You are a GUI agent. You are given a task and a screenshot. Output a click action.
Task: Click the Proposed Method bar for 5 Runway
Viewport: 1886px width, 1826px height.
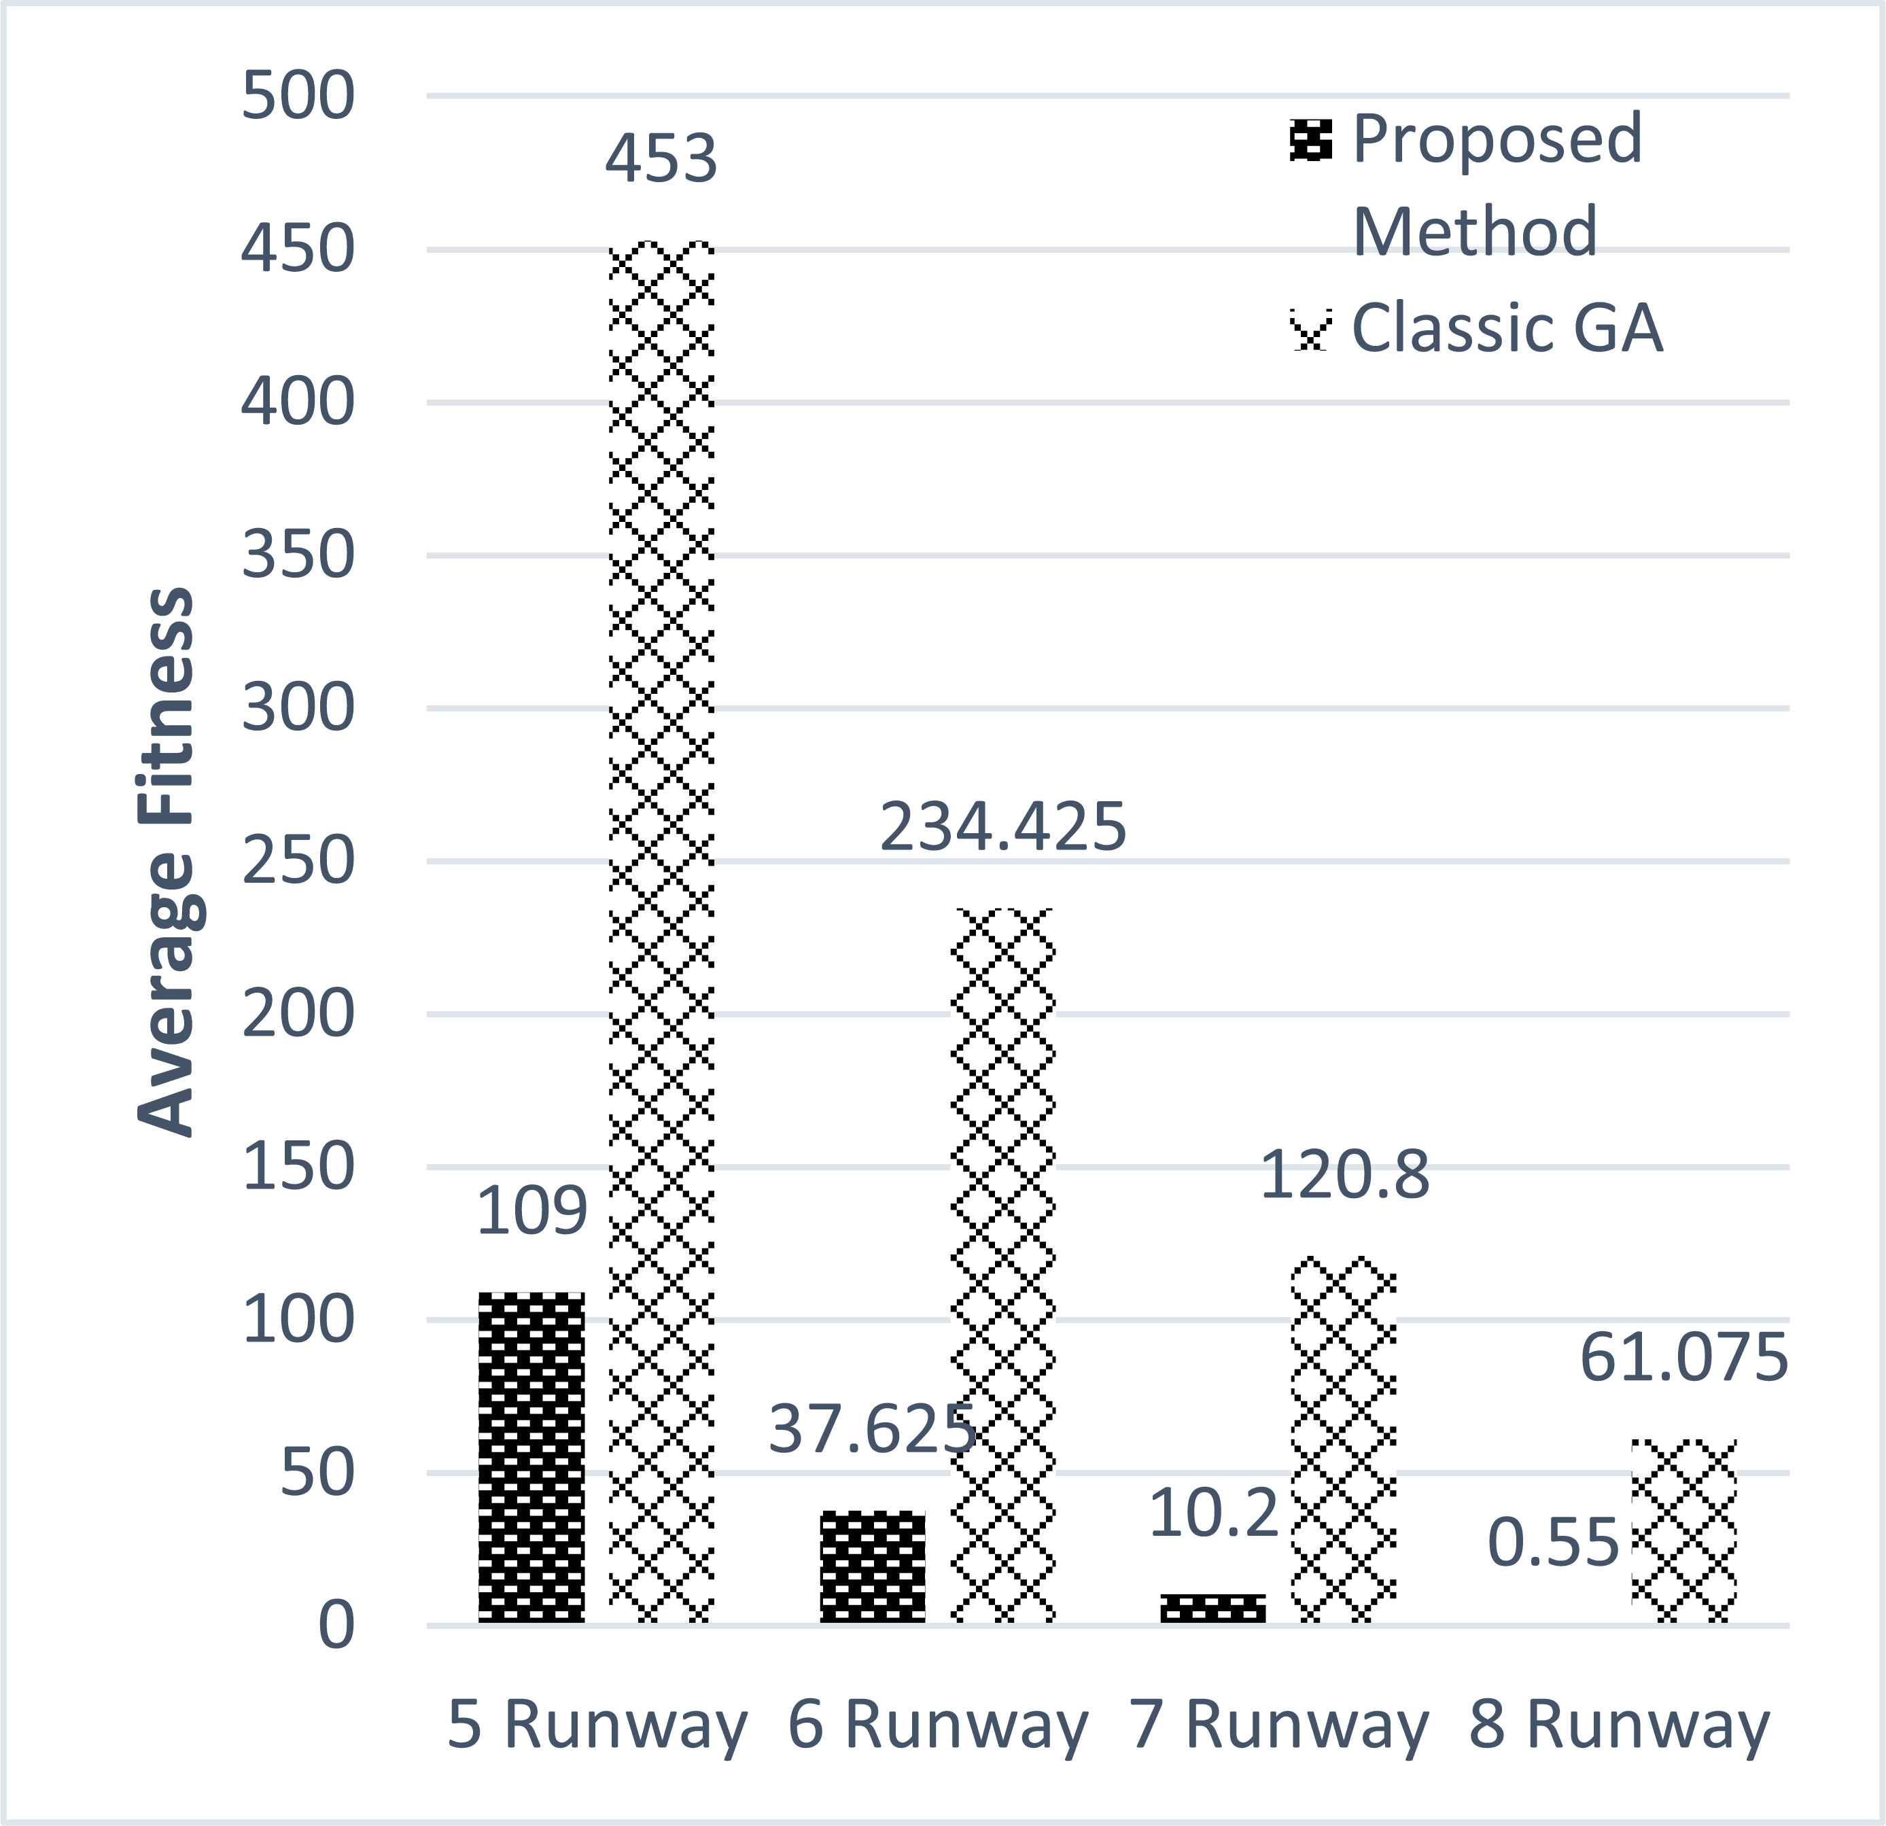click(x=531, y=1458)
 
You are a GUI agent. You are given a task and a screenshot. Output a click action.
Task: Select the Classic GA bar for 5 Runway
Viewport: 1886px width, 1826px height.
click(x=661, y=932)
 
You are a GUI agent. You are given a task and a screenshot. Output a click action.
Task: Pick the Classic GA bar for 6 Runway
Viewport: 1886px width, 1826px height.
click(x=1002, y=1266)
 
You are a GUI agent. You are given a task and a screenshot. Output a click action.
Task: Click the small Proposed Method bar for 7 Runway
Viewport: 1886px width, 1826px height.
click(x=1212, y=1608)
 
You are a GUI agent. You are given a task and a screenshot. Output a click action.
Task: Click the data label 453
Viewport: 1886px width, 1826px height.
click(x=661, y=159)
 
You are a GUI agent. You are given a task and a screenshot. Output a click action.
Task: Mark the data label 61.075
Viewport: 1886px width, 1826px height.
click(x=1684, y=1358)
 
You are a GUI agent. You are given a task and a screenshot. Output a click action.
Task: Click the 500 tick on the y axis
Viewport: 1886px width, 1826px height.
click(x=297, y=96)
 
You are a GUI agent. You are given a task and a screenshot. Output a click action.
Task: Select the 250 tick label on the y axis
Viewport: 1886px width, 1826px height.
click(x=297, y=861)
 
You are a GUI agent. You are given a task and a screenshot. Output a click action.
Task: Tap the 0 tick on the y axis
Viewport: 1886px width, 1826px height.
click(x=336, y=1626)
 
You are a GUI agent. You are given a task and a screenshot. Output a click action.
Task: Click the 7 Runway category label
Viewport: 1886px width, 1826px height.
click(x=1279, y=1724)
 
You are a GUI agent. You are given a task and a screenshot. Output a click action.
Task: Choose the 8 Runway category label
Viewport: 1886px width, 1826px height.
click(x=1620, y=1724)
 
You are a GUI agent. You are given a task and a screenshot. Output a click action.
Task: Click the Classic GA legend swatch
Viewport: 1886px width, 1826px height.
click(x=1310, y=330)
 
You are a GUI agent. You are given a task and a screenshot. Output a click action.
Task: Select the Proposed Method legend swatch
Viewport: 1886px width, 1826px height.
click(x=1310, y=141)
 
